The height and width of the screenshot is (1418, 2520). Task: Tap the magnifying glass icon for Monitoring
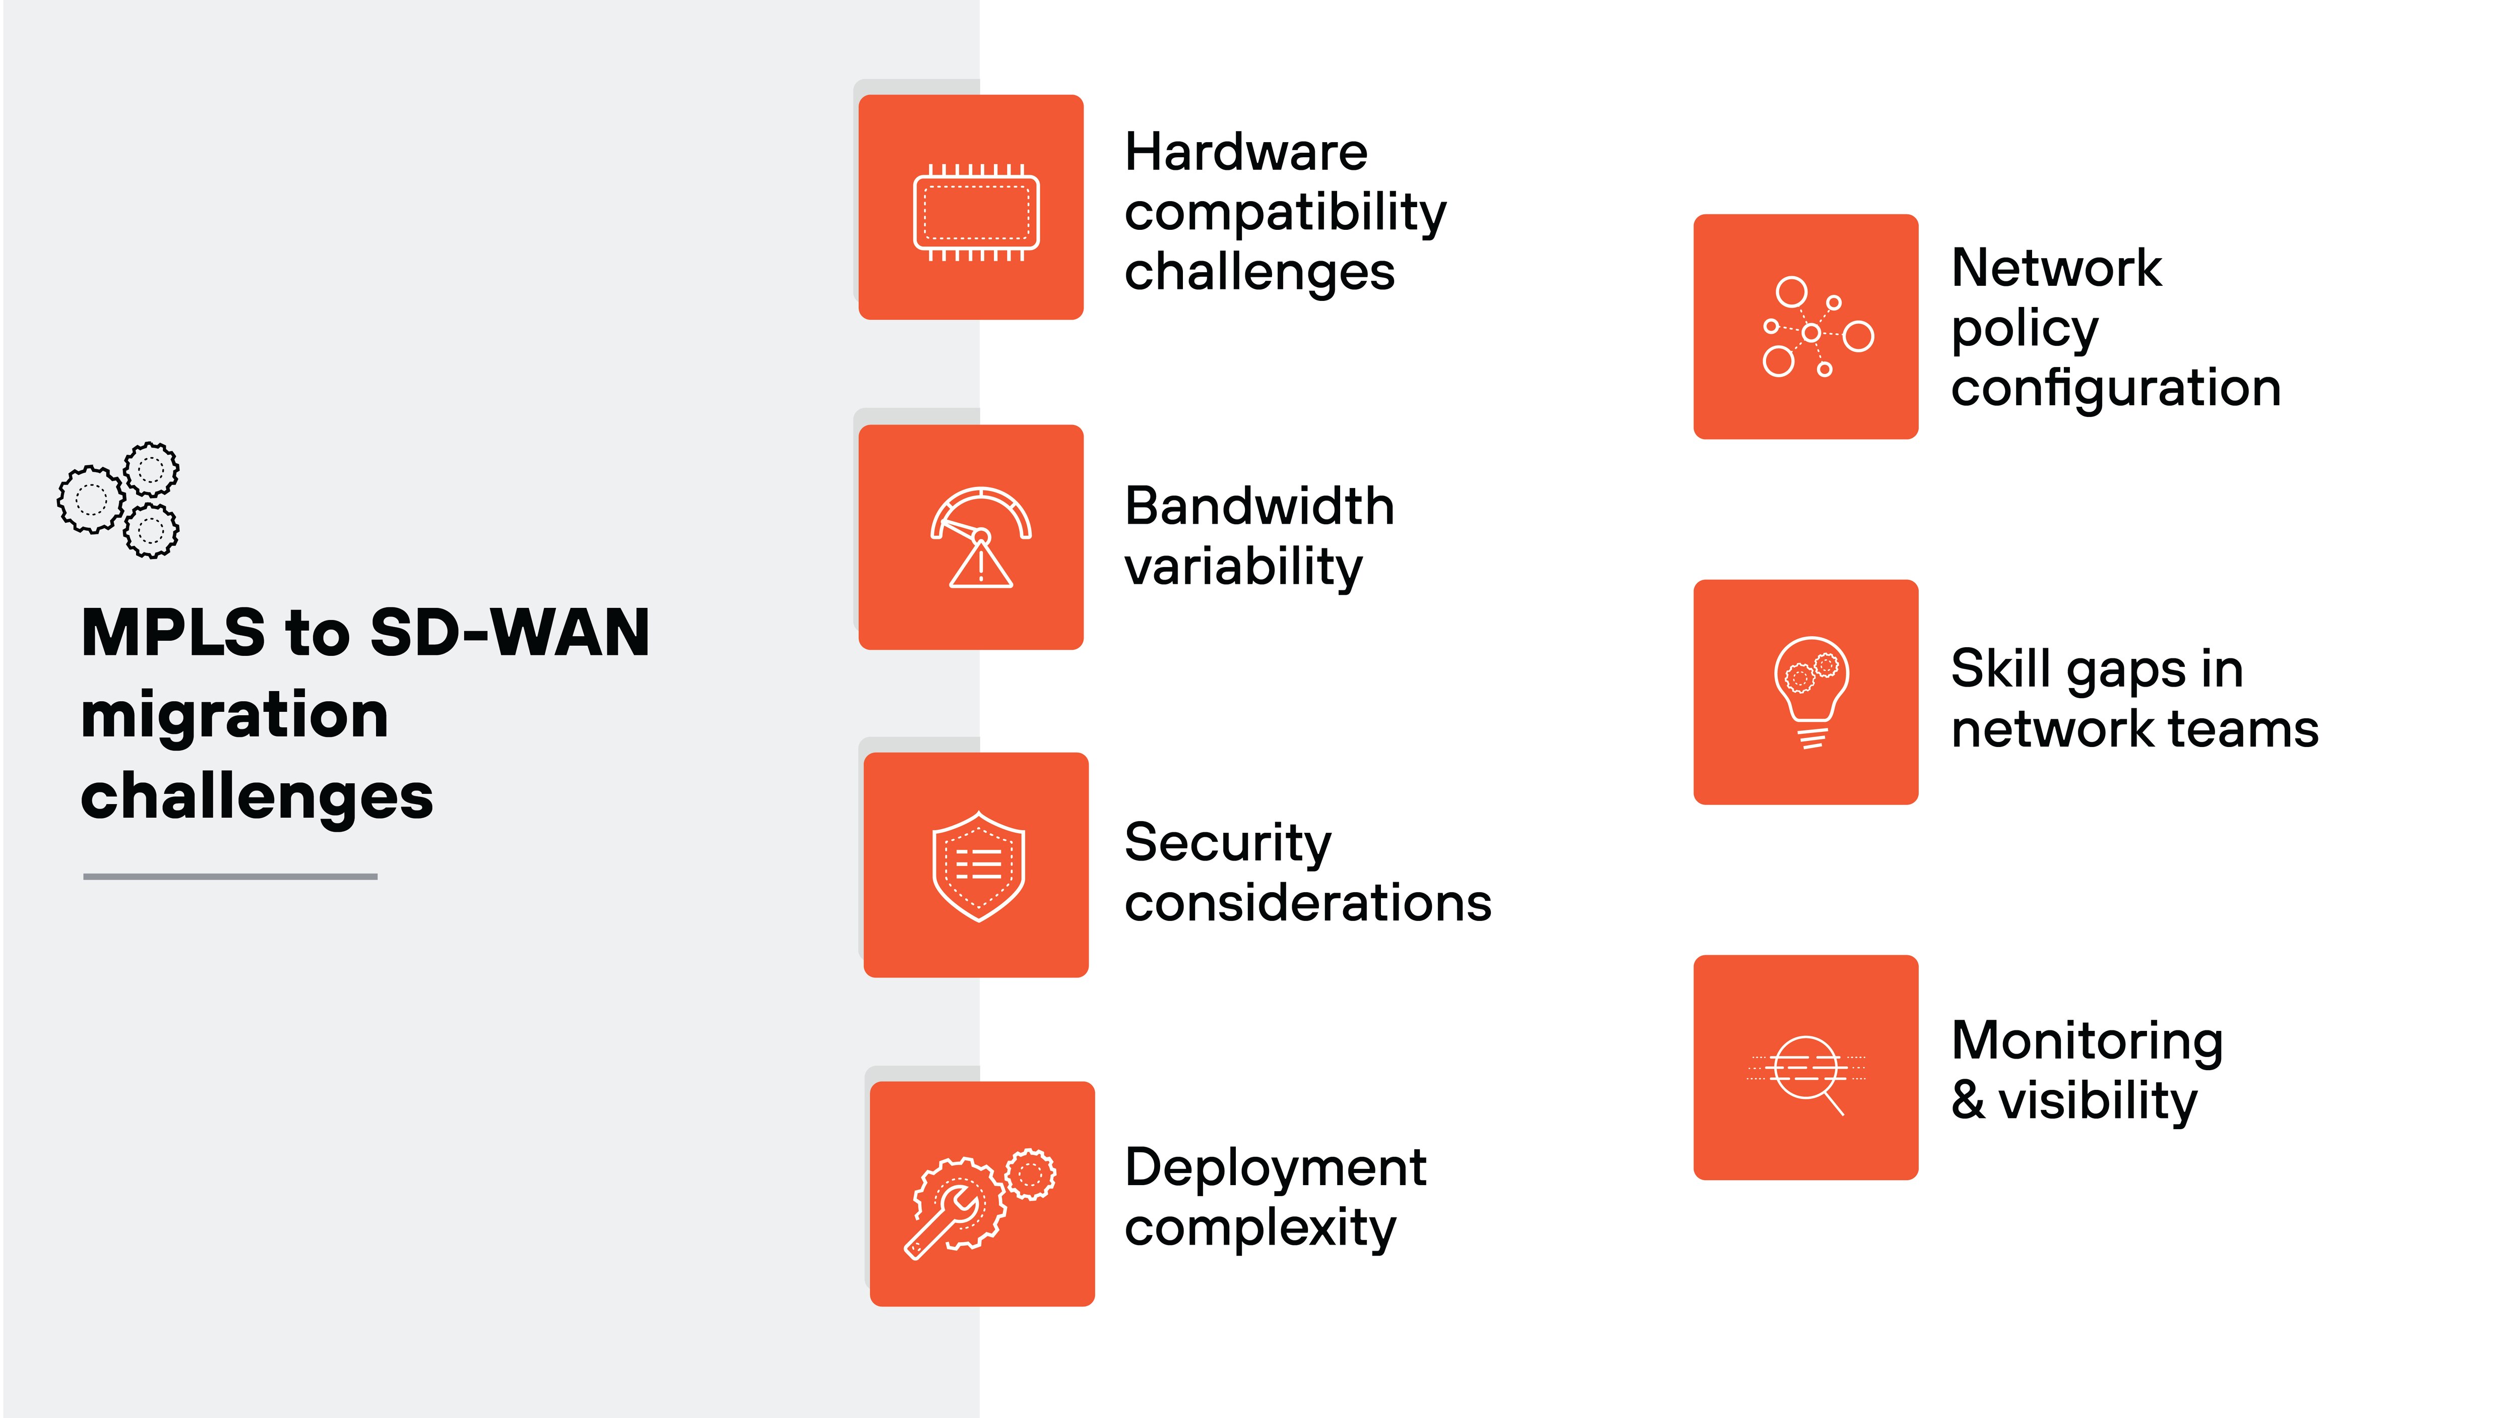coord(1807,1074)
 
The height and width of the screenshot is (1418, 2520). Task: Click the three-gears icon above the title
coord(118,500)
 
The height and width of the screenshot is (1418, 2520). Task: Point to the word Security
coord(1228,843)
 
